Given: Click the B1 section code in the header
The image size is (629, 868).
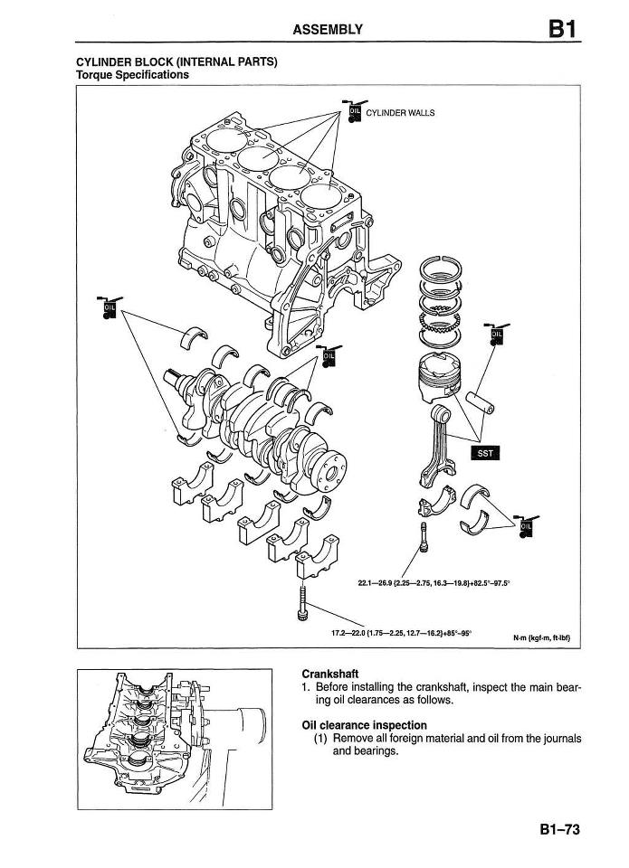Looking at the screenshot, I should tap(560, 29).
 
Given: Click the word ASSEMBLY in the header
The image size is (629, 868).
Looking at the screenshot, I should tap(328, 30).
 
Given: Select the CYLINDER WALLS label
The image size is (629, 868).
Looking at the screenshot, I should tap(400, 113).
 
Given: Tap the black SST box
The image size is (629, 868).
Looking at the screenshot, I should tap(485, 454).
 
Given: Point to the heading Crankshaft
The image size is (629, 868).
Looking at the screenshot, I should tap(330, 674).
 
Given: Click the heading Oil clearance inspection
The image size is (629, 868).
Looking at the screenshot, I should tap(364, 725).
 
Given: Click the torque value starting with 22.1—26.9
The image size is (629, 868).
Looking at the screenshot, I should tap(434, 583).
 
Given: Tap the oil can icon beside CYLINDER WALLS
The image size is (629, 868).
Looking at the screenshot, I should tap(355, 112).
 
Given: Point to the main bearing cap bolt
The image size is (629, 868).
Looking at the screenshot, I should tap(302, 603).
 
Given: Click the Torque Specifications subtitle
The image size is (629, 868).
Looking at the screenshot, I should tap(132, 75).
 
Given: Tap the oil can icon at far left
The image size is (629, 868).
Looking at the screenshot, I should tap(110, 308).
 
